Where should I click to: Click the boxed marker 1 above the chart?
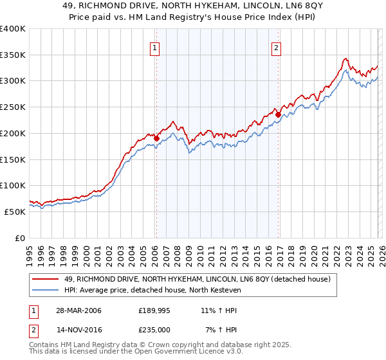pyautogui.click(x=155, y=47)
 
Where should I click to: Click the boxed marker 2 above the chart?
pyautogui.click(x=276, y=47)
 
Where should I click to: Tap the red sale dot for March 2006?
pyautogui.click(x=156, y=137)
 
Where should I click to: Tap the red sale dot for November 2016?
pyautogui.click(x=279, y=115)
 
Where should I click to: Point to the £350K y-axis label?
pyautogui.click(x=13, y=55)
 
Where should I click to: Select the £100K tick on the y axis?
pyautogui.click(x=13, y=185)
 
